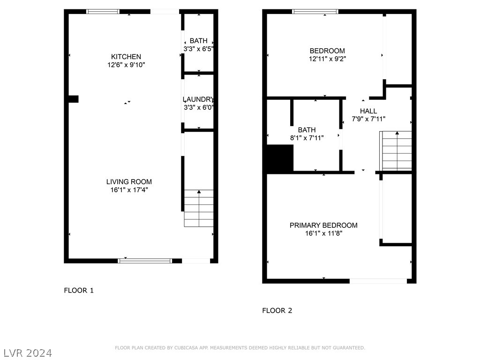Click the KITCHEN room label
point(126,57)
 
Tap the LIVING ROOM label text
point(129,181)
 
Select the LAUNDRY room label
point(198,99)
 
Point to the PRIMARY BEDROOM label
point(323,225)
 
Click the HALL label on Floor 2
point(368,111)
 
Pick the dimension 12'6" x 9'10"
point(126,65)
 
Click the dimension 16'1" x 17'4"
point(129,190)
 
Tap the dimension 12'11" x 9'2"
point(327,59)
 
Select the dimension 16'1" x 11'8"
point(323,233)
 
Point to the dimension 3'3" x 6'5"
point(198,49)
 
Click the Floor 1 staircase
point(199,208)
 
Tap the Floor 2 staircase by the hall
point(396,150)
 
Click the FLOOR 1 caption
point(79,291)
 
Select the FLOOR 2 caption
point(277,311)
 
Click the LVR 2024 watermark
point(28,353)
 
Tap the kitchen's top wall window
point(103,12)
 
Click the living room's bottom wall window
point(145,261)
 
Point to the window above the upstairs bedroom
point(315,12)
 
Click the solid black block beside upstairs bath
point(280,157)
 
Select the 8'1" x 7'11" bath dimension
point(307,138)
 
